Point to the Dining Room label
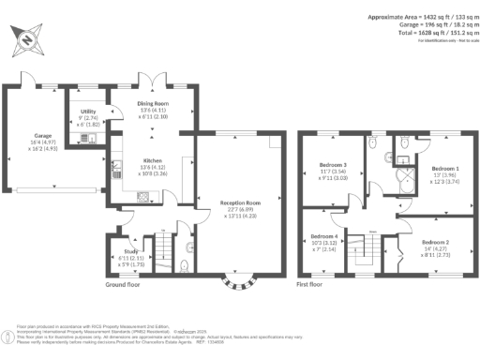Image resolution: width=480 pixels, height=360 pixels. tap(154, 105)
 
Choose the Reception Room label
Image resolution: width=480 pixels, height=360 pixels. tap(240, 202)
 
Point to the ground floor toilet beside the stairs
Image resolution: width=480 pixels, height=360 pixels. tap(188, 265)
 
